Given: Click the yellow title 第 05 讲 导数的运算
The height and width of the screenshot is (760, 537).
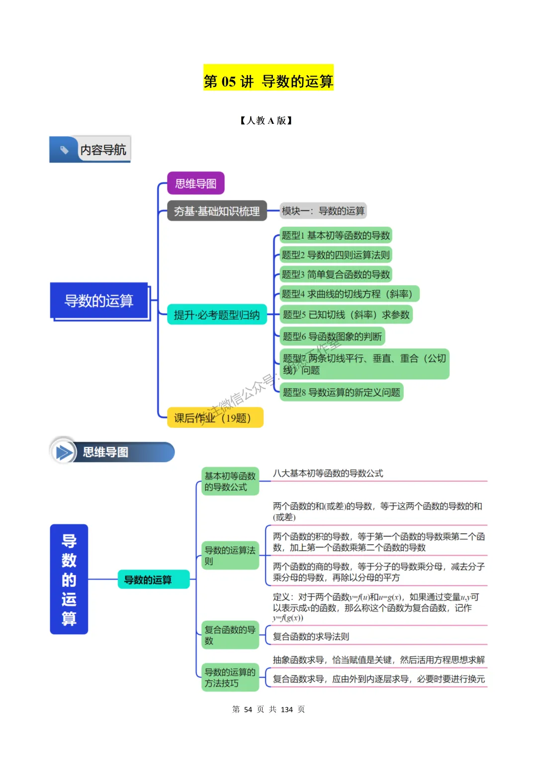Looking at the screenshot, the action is (268, 81).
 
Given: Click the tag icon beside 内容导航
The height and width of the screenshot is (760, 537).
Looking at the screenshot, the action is (64, 150).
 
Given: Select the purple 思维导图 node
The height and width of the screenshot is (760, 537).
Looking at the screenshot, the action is (196, 184).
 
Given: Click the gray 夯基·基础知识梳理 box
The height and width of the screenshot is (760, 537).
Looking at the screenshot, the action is (217, 211).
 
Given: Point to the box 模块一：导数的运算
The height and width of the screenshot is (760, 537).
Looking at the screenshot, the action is (323, 211).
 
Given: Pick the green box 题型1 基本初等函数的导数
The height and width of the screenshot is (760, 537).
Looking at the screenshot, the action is (336, 235).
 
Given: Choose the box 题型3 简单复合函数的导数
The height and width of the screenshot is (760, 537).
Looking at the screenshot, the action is (336, 274).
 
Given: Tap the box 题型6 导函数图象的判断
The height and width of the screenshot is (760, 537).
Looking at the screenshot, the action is (332, 336).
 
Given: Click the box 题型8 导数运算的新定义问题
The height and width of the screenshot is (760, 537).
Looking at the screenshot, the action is (341, 392).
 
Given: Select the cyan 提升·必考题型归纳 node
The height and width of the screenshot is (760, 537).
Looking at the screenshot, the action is (217, 315).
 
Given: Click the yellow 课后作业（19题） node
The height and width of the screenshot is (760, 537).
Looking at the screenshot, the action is (215, 418).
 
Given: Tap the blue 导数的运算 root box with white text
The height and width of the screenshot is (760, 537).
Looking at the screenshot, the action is (99, 300).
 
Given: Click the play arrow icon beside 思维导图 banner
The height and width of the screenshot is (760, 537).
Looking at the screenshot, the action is (64, 452).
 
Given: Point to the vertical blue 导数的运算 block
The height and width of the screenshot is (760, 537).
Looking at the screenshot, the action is (69, 579).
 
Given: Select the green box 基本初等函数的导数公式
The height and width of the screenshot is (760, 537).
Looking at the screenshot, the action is (230, 481).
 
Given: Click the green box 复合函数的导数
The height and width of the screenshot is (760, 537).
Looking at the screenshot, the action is (230, 635).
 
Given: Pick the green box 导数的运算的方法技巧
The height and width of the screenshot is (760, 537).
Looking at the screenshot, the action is (230, 677).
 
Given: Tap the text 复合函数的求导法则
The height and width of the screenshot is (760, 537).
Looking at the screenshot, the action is (311, 637).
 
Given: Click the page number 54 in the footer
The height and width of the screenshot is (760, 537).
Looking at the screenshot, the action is (248, 709).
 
